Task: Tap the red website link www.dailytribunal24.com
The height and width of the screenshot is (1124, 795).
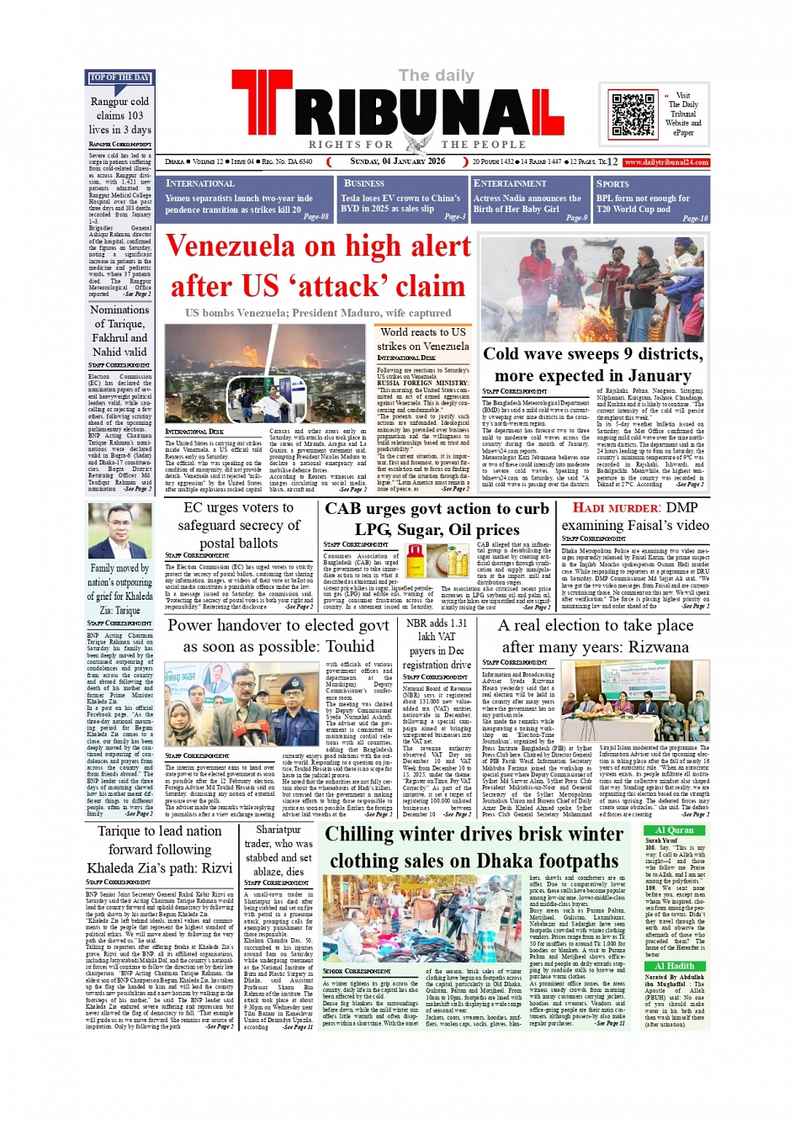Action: tap(666, 162)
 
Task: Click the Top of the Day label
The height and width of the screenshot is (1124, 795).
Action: tap(119, 78)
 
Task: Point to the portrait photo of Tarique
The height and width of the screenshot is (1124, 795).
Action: tap(119, 531)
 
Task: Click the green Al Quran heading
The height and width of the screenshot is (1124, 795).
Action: tap(674, 830)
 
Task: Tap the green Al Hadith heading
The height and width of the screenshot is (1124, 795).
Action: tap(674, 967)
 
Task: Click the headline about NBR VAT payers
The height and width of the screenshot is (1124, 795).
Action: tap(436, 644)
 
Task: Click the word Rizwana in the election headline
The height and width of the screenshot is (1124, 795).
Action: tap(651, 647)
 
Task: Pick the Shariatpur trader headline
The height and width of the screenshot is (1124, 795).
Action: tap(278, 851)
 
